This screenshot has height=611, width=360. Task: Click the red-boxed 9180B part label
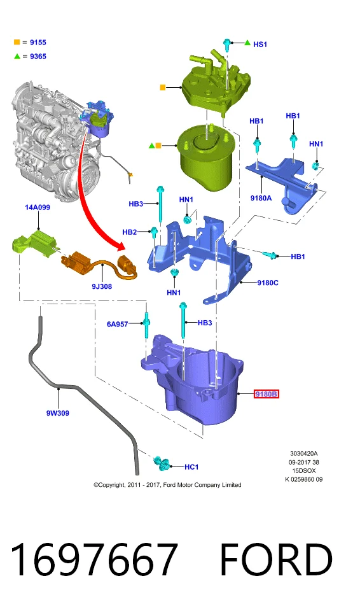[x=267, y=394]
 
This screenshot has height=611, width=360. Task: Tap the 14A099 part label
[x=38, y=207]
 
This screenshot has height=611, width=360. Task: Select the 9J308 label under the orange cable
[x=102, y=286]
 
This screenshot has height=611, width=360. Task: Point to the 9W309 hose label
[x=58, y=413]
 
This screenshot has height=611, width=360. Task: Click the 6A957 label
[x=117, y=324]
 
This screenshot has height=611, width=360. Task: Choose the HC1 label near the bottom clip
[x=191, y=467]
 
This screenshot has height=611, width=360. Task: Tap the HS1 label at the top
[x=260, y=45]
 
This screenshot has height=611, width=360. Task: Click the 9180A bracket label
[x=261, y=198]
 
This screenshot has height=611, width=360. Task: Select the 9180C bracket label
[x=268, y=283]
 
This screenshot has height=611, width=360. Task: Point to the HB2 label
[x=130, y=232]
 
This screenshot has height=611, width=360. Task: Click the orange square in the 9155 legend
[x=17, y=42]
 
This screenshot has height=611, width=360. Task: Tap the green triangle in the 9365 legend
[x=17, y=56]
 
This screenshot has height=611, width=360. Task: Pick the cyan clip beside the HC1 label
[x=162, y=462]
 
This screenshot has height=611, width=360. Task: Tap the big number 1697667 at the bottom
[x=94, y=559]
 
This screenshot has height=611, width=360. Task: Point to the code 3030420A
[x=304, y=453]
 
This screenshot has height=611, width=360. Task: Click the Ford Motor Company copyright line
[x=167, y=485]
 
